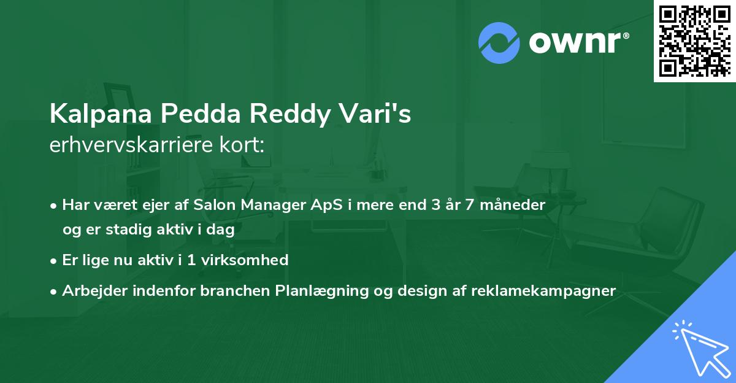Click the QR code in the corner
pos(695,41)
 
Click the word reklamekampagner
pos(543,290)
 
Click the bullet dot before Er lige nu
pos(55,260)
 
